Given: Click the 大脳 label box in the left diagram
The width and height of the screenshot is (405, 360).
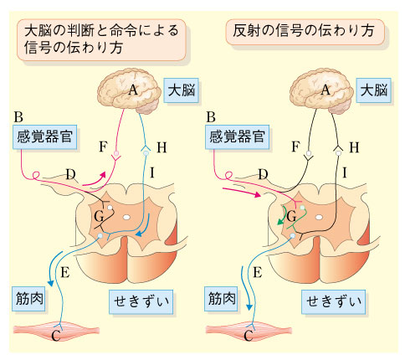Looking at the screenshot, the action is (182, 90).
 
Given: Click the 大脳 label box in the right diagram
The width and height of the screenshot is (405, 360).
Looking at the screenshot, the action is (374, 90).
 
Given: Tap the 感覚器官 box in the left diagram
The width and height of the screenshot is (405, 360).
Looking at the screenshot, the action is (44, 136).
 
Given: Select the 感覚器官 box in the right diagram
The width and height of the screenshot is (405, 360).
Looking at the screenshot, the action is (237, 136).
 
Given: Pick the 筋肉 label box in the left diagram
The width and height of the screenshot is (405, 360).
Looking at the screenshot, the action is (28, 299).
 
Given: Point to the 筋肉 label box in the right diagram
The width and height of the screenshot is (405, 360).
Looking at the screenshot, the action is (221, 299).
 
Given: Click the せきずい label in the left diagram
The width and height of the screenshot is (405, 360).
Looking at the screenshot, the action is (141, 302).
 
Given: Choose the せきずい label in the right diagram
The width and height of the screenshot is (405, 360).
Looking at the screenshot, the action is (333, 302).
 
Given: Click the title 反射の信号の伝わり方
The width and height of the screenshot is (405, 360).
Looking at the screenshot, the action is (305, 32).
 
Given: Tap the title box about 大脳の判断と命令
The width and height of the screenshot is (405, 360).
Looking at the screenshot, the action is (101, 39).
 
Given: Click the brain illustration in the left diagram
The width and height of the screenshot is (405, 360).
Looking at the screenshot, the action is (129, 91).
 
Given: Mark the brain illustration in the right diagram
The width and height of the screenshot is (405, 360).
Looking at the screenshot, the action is (321, 91).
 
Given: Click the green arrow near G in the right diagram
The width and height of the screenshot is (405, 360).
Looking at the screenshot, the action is (284, 216).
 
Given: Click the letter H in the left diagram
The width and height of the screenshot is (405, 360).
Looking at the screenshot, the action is (161, 148).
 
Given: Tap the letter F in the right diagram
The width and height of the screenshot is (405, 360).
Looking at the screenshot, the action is (295, 147).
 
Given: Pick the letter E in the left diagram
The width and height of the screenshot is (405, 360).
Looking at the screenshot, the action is (65, 272).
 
